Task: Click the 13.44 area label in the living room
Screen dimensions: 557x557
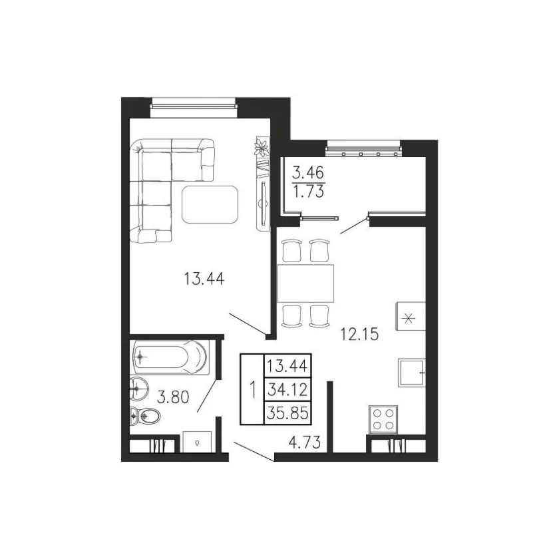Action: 204,278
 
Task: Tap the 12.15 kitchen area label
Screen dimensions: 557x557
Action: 359,334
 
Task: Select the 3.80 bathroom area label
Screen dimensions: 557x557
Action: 173,397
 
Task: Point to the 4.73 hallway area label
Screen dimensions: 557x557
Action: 305,443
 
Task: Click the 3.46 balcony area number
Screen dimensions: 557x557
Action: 308,173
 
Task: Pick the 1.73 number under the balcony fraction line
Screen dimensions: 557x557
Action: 308,192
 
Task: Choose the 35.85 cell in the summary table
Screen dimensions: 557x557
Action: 287,413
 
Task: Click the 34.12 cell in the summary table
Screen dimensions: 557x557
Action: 287,390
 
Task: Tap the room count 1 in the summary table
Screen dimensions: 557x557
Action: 253,389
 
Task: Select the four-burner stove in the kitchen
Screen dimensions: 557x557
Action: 383,419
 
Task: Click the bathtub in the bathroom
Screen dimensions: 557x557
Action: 170,357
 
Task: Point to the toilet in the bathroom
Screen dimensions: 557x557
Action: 145,415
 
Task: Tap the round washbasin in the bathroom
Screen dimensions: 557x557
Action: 139,389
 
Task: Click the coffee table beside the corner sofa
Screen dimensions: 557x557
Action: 210,204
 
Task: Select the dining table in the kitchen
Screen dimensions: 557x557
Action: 305,283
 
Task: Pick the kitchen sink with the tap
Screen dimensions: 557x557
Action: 411,373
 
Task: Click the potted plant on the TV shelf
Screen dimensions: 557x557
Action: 261,147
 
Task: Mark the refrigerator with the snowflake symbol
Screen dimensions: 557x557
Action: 411,316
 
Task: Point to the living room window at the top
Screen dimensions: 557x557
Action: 193,106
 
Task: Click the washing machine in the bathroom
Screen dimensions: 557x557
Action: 196,442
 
